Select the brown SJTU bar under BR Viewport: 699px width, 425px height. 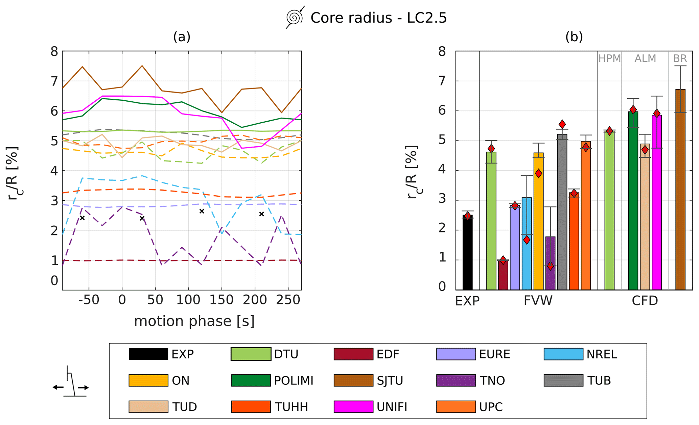(x=680, y=189)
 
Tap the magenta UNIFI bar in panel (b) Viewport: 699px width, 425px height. (x=657, y=203)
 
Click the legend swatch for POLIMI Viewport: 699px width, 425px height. (x=251, y=380)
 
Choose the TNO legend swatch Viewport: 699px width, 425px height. (x=456, y=380)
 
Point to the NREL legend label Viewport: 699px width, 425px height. (x=602, y=354)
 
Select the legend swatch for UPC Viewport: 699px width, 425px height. (x=456, y=407)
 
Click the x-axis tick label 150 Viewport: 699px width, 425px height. (x=222, y=300)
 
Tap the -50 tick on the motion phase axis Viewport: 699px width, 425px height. (x=89, y=300)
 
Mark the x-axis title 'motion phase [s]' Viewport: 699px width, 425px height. (x=194, y=321)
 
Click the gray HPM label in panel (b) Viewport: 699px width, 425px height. (x=609, y=58)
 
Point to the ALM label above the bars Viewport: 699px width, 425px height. (x=645, y=58)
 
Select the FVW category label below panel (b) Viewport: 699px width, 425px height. (x=538, y=300)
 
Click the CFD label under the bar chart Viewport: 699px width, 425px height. (x=645, y=300)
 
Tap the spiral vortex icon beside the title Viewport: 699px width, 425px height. (x=295, y=17)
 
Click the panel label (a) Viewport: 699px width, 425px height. (x=182, y=36)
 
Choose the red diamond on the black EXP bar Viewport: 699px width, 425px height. (x=468, y=216)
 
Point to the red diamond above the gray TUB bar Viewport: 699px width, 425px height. (x=562, y=124)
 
